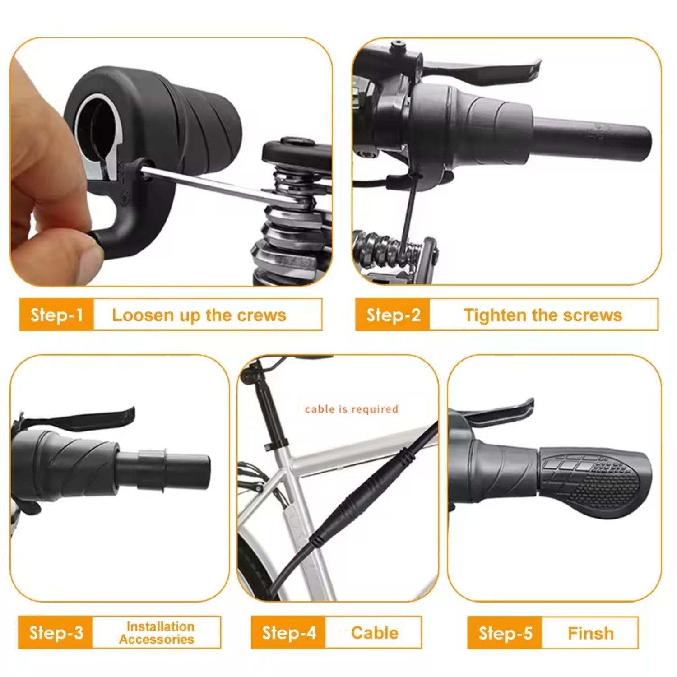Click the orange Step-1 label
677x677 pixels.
point(57,315)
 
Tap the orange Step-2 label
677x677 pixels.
point(393,315)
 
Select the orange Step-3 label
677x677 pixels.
point(56,632)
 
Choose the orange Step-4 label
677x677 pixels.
point(289,632)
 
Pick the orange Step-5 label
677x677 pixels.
point(505,633)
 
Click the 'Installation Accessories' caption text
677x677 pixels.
point(157,633)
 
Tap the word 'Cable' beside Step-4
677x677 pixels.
point(375,633)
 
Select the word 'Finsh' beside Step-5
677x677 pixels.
point(590,633)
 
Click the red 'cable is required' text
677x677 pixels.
point(352,409)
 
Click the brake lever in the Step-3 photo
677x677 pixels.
point(81,417)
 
